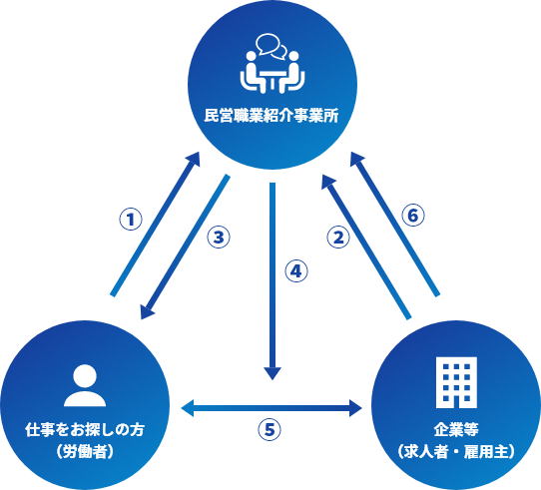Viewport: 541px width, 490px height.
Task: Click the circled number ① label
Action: [x=131, y=220]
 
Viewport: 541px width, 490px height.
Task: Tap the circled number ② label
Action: [x=338, y=238]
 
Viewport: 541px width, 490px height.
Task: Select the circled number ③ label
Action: [x=219, y=238]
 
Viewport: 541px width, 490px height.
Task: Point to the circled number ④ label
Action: [x=296, y=271]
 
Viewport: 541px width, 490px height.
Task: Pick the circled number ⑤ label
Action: [x=270, y=430]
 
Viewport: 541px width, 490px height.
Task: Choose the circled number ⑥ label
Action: [x=413, y=216]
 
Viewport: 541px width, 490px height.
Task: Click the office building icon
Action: [x=456, y=382]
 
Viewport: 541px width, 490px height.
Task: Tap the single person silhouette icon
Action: [x=85, y=385]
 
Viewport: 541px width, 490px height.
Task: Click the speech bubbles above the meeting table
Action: [x=271, y=46]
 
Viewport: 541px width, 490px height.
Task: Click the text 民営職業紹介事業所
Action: [x=271, y=116]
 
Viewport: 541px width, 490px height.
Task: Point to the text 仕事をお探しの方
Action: [x=85, y=430]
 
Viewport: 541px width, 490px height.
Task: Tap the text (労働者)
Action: [x=85, y=451]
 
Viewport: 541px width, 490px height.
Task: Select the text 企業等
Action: [x=456, y=430]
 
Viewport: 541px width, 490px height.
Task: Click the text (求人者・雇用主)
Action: [x=456, y=451]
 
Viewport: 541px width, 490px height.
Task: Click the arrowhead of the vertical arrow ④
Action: [x=272, y=373]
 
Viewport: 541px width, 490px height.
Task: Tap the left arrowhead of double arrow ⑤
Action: [x=188, y=408]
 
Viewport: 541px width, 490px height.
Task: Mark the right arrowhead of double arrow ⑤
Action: [x=355, y=408]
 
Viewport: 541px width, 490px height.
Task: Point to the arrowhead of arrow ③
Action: [x=147, y=311]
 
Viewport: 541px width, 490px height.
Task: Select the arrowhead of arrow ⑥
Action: [x=356, y=159]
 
